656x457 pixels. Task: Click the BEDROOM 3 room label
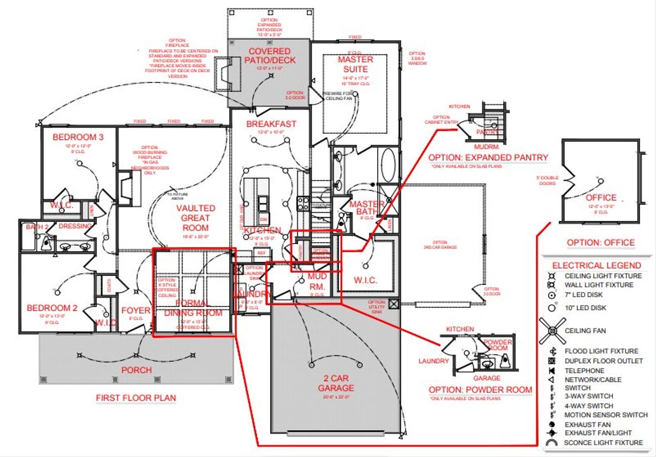pos(78,137)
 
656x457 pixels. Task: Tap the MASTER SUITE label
pos(355,64)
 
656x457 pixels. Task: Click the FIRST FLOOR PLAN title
pos(136,398)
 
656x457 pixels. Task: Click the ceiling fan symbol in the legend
pos(552,331)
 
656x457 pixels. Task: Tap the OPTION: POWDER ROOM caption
pos(480,390)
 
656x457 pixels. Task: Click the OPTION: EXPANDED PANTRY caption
pos(488,157)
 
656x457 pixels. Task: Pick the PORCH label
pos(136,370)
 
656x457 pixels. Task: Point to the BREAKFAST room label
pos(271,124)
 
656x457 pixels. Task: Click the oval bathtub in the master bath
pos(387,165)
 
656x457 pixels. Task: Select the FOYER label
pos(136,310)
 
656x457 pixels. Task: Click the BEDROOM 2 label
pos(52,308)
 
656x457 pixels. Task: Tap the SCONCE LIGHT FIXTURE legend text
pos(603,443)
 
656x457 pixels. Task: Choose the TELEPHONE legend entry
pos(584,370)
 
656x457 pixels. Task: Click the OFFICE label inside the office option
pos(601,197)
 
